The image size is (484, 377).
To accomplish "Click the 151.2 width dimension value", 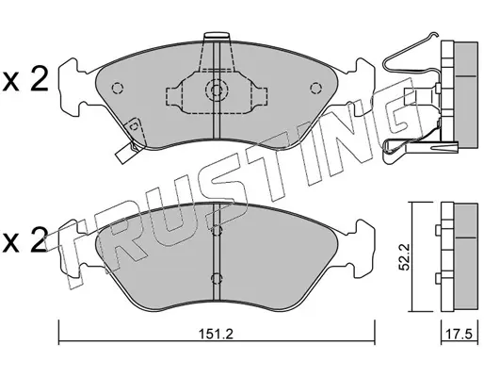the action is pyautogui.click(x=216, y=334).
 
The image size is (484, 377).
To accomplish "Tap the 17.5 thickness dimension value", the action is pyautogui.click(x=459, y=334).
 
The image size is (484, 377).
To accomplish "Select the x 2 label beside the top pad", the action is pyautogui.click(x=24, y=79).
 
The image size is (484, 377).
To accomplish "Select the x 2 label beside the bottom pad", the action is pyautogui.click(x=24, y=240).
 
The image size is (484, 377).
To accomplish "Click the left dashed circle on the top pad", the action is pyautogui.click(x=118, y=88).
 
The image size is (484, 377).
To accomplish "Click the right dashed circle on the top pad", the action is pyautogui.click(x=315, y=88).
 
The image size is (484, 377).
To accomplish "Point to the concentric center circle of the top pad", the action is pyautogui.click(x=217, y=90).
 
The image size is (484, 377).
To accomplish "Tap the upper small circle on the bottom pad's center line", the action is pyautogui.click(x=217, y=231).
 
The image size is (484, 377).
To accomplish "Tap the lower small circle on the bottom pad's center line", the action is pyautogui.click(x=217, y=278).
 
